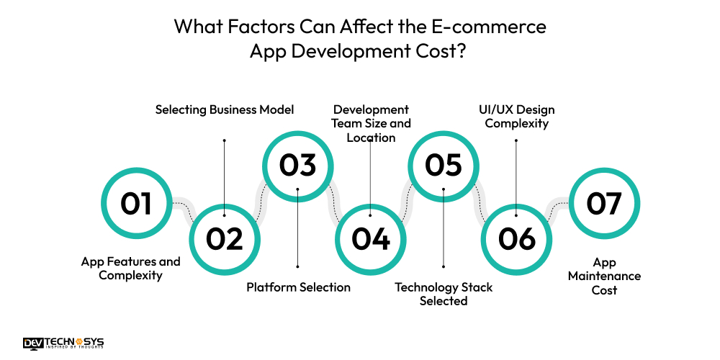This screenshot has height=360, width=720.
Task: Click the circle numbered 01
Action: [136, 204]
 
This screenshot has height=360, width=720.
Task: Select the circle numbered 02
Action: [225, 239]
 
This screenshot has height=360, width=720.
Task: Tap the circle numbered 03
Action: [297, 165]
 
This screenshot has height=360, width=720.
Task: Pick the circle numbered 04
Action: [371, 239]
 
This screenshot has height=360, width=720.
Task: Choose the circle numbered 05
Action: [444, 165]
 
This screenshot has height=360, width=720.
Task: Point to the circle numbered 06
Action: [516, 239]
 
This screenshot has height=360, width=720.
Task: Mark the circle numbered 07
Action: [604, 204]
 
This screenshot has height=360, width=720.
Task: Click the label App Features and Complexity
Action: [130, 268]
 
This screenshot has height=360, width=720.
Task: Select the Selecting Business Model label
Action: [225, 109]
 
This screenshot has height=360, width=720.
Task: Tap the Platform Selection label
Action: [298, 287]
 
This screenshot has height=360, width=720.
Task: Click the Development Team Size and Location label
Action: [371, 123]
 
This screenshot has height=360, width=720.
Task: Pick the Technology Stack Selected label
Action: [444, 294]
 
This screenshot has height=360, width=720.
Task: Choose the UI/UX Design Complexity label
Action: [516, 116]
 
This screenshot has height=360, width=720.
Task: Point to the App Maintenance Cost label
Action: [604, 276]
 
